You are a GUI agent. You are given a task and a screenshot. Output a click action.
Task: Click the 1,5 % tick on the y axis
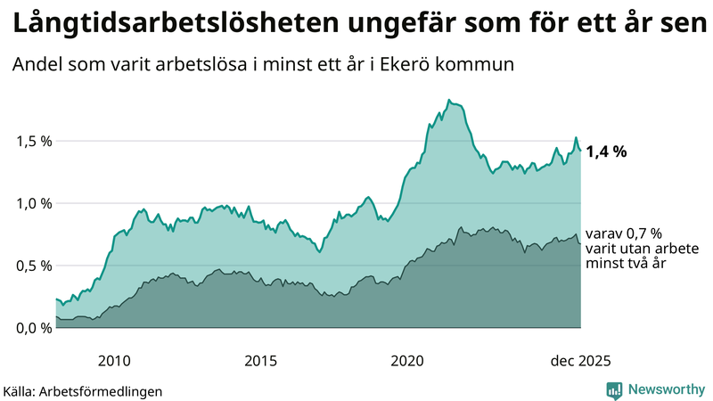[34, 141]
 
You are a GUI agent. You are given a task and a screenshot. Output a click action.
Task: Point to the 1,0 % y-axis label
[34, 203]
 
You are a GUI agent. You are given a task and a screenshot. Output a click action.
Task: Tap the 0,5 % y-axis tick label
[34, 266]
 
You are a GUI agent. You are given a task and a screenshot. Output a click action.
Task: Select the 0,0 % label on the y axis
[34, 328]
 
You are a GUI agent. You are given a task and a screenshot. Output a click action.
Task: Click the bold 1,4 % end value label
[606, 151]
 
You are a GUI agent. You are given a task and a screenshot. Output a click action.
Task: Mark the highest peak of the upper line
[448, 100]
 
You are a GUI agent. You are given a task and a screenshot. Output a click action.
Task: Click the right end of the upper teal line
[581, 150]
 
